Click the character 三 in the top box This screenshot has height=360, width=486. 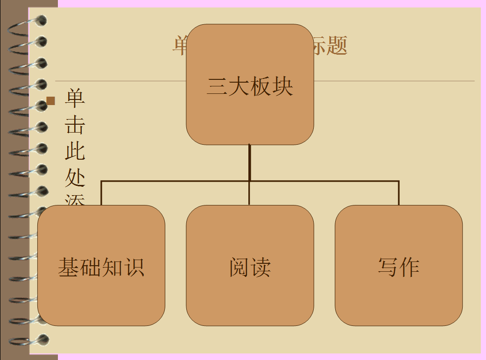point(217,86)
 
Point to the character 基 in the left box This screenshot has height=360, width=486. point(69,267)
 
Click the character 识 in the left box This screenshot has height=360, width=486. point(134,267)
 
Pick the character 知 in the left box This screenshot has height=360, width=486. point(113,267)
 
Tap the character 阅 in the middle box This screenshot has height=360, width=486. point(239,267)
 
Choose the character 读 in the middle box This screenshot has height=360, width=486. point(261,267)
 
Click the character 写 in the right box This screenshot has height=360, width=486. point(388,267)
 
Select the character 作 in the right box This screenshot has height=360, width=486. point(409,267)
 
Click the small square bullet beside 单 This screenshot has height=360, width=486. point(51,100)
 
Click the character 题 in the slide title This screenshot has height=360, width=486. point(337,46)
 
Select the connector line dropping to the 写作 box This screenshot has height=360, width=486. point(399,193)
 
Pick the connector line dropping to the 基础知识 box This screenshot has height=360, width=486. point(101,193)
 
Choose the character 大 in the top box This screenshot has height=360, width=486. point(239,86)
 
